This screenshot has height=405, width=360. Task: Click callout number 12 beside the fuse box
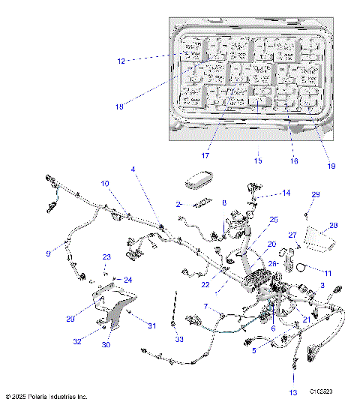(x=121, y=58)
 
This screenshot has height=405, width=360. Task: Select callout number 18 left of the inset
(x=118, y=106)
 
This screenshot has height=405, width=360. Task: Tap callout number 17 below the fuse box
(x=204, y=155)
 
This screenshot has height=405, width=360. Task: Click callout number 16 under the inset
(x=294, y=160)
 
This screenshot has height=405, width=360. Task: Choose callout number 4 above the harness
(x=133, y=169)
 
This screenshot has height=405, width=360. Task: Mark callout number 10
(x=105, y=183)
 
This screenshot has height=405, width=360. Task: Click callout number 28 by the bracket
(x=333, y=224)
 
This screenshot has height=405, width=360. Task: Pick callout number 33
(x=179, y=339)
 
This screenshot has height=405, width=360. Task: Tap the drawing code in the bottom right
(x=325, y=391)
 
